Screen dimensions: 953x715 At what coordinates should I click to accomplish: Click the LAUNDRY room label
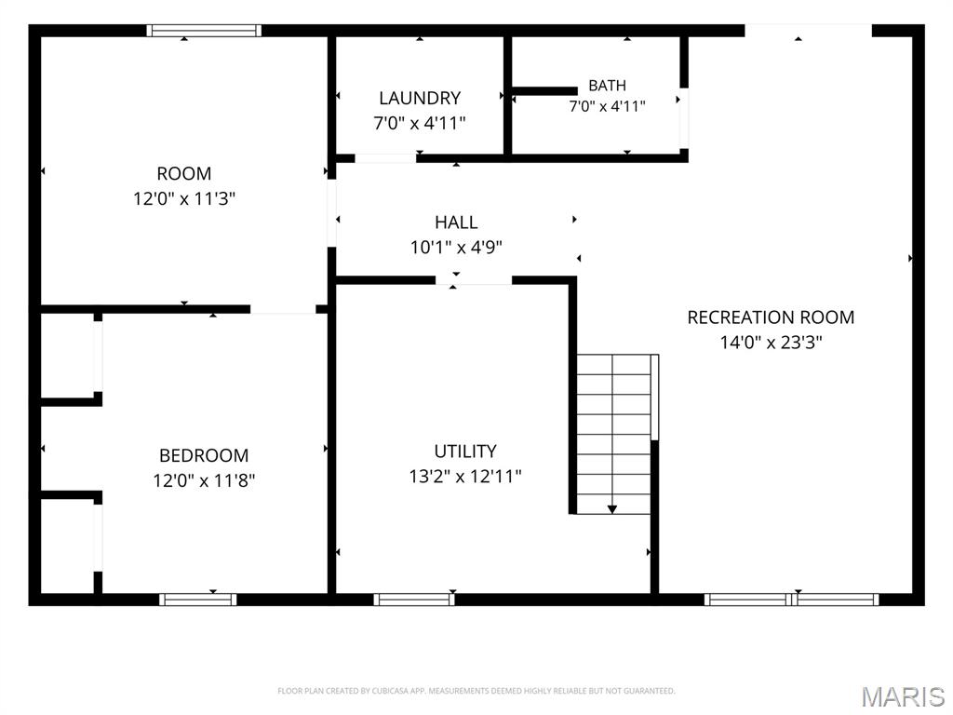[x=420, y=98]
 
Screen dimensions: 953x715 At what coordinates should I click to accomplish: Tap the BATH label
[x=607, y=86]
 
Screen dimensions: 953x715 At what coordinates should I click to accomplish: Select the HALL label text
[x=456, y=223]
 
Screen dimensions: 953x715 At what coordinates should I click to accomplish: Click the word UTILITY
[x=465, y=452]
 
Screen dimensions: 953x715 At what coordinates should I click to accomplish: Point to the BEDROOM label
[x=204, y=455]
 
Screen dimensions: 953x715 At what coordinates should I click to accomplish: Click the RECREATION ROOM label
[x=771, y=317]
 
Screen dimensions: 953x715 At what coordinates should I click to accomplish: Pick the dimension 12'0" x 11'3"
[x=184, y=198]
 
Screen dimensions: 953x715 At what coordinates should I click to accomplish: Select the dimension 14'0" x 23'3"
[x=771, y=343]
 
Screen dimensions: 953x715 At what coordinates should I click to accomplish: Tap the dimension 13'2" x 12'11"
[x=465, y=476]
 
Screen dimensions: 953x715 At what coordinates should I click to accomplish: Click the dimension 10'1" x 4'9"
[x=456, y=248]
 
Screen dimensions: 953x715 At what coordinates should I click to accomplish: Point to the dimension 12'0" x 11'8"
[x=204, y=480]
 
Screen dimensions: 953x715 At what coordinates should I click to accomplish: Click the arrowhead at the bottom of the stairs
[x=612, y=509]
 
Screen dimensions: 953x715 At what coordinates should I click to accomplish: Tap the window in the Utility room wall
[x=414, y=600]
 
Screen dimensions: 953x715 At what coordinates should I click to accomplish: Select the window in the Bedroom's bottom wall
[x=198, y=600]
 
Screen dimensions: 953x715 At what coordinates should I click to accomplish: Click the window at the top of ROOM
[x=204, y=31]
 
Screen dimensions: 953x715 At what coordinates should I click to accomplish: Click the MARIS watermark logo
[x=903, y=696]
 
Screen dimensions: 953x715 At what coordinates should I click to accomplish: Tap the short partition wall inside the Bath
[x=544, y=91]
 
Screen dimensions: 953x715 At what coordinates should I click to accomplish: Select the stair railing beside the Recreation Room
[x=654, y=397]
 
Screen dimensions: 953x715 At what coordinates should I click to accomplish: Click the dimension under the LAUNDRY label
[x=420, y=123]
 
